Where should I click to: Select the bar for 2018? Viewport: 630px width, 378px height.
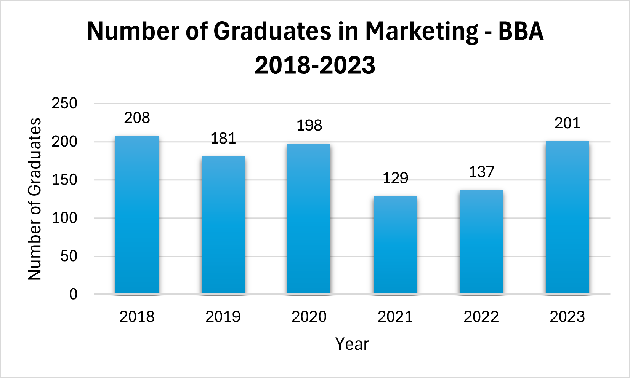[x=137, y=215]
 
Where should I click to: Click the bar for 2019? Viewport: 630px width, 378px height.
[x=223, y=225]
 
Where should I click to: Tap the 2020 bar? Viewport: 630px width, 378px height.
[x=309, y=219]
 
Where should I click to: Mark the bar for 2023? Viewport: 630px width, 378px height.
[x=567, y=217]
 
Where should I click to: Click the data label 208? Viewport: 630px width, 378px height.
[x=137, y=118]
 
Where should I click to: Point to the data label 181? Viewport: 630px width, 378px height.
[x=223, y=139]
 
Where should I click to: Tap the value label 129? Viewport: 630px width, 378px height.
[x=395, y=178]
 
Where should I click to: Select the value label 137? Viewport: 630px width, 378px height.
[x=481, y=172]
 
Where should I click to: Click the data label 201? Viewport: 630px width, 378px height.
[x=567, y=123]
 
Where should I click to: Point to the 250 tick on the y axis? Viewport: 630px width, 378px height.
[x=64, y=104]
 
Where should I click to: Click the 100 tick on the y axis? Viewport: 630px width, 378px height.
[x=64, y=218]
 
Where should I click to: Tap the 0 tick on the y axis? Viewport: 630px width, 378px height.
[x=73, y=294]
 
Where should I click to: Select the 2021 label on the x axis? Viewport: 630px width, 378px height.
[x=395, y=317]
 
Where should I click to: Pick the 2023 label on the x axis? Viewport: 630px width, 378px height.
[x=567, y=317]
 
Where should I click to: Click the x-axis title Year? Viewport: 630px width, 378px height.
[x=352, y=344]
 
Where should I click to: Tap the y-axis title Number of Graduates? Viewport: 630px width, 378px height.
[x=35, y=199]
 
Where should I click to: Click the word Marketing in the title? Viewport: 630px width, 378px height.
[x=422, y=31]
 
